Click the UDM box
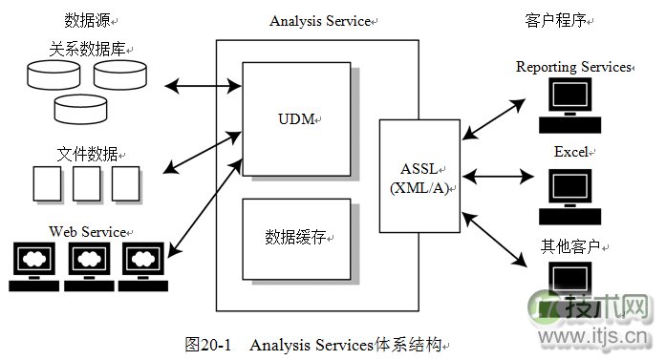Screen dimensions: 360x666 297,119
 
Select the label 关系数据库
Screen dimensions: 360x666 88,47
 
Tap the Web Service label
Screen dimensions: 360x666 89,231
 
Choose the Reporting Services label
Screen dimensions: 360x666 573,67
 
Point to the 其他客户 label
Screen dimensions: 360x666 569,246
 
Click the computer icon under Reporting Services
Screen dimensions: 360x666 570,105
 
